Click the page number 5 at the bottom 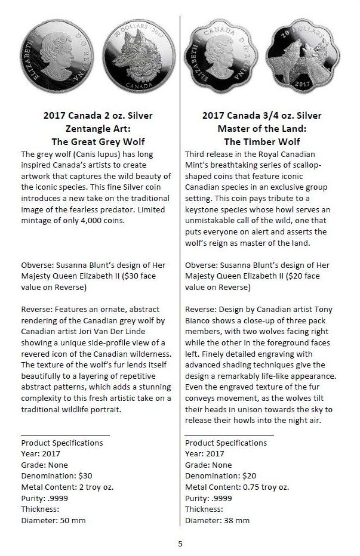point(180,543)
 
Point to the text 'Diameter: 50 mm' point(53,520)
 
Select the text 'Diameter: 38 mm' point(217,520)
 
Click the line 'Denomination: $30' point(57,475)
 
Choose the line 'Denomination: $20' point(221,475)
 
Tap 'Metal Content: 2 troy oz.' point(67,487)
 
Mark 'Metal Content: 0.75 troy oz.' point(237,487)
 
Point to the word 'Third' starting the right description point(196,153)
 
